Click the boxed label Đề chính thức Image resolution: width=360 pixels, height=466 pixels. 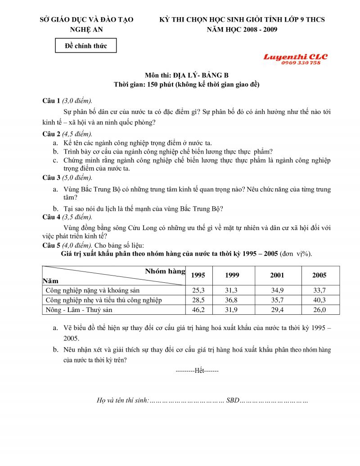coord(85,45)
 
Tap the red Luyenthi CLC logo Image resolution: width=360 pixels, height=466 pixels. coord(295,57)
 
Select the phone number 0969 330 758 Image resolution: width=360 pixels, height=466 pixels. coord(301,63)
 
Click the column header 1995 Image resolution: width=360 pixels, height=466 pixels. coord(198,275)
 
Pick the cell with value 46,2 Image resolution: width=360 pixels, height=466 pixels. coord(198,310)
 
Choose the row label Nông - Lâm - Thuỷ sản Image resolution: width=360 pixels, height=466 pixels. coord(79,310)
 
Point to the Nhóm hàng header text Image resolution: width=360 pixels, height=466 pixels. coord(165,271)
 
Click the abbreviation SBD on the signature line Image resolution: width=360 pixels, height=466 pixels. coord(233,400)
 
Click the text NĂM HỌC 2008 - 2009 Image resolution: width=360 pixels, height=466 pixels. coord(242,30)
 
